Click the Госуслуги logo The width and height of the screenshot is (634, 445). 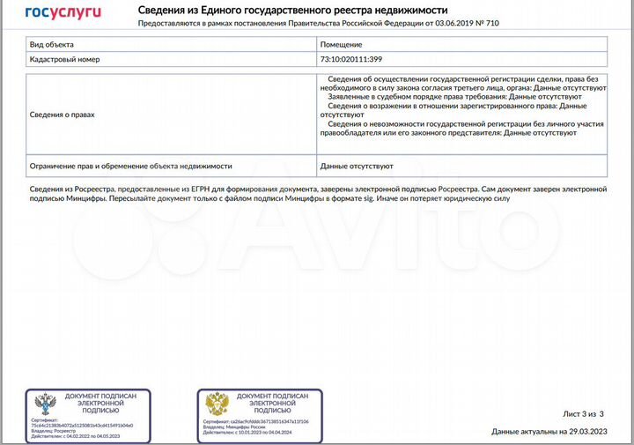pyautogui.click(x=63, y=11)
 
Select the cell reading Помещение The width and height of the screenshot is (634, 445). pyautogui.click(x=341, y=44)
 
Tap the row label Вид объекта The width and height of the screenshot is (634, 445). pyautogui.click(x=52, y=44)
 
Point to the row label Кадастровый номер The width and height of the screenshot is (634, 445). pyautogui.click(x=65, y=60)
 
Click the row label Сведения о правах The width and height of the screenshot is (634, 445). pyautogui.click(x=62, y=115)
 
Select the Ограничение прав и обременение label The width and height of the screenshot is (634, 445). pyautogui.click(x=130, y=166)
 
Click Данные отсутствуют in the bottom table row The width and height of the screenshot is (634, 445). pyautogui.click(x=357, y=166)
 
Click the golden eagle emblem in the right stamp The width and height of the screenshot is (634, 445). pyautogui.click(x=217, y=407)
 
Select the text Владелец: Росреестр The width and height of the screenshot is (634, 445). pyautogui.click(x=53, y=430)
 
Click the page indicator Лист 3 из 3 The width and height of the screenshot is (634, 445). pyautogui.click(x=583, y=413)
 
